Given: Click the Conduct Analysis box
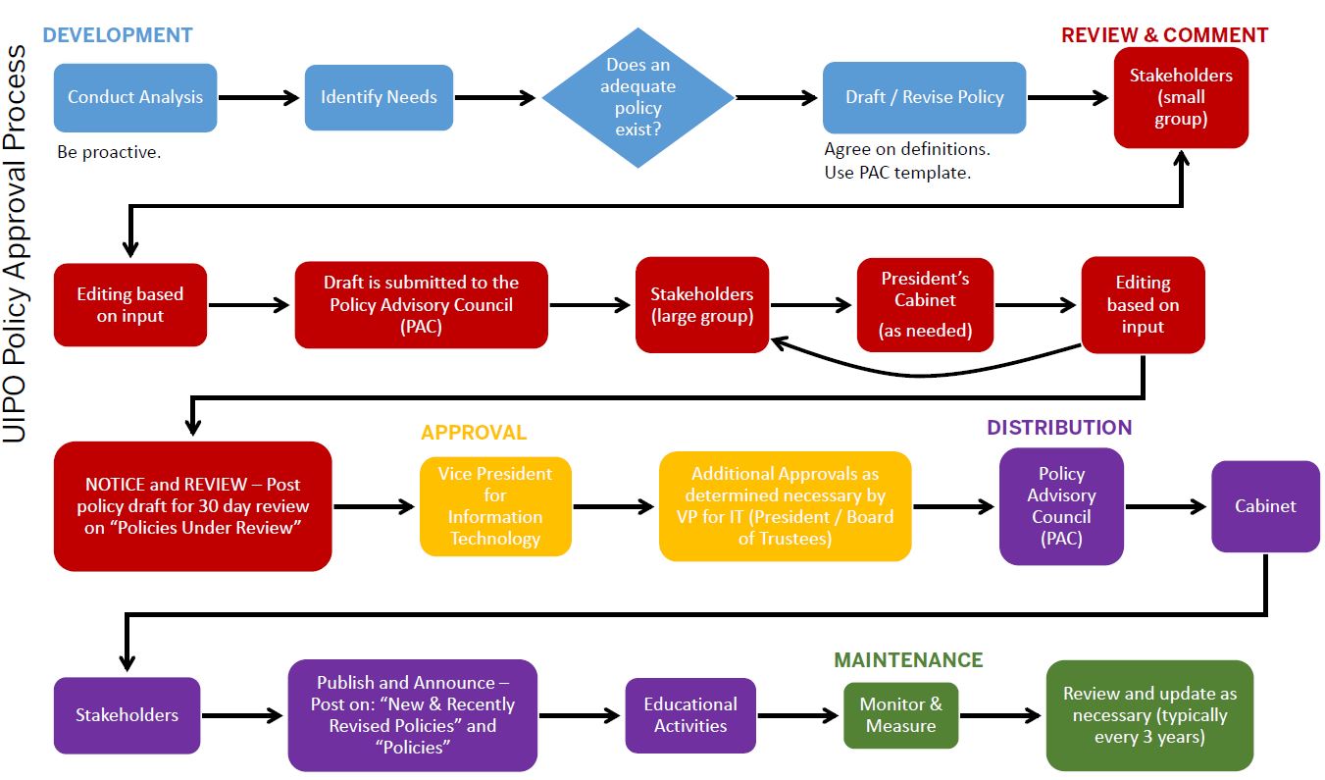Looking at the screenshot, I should (134, 97).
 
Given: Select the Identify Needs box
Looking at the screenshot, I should (379, 97).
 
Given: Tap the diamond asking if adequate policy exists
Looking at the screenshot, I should (638, 97).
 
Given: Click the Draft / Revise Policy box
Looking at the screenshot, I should (924, 97).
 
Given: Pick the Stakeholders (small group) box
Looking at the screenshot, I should (1181, 97).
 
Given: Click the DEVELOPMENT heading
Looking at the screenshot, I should (118, 35).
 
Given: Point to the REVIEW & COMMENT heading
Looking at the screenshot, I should (1164, 35).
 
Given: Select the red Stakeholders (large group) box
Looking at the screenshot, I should (702, 305).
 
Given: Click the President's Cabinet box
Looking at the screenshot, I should (925, 304).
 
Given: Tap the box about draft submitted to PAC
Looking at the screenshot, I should (421, 304).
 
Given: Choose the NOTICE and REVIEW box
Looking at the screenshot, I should (192, 506).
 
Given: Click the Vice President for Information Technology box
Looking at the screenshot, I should (495, 506).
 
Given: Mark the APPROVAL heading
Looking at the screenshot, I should (474, 433).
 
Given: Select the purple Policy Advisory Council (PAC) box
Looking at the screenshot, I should (1061, 506).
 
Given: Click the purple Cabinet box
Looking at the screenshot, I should (1265, 506).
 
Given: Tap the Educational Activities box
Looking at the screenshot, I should (690, 715).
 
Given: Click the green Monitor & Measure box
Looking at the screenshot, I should (900, 715).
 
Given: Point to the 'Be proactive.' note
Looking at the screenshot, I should (109, 152).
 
